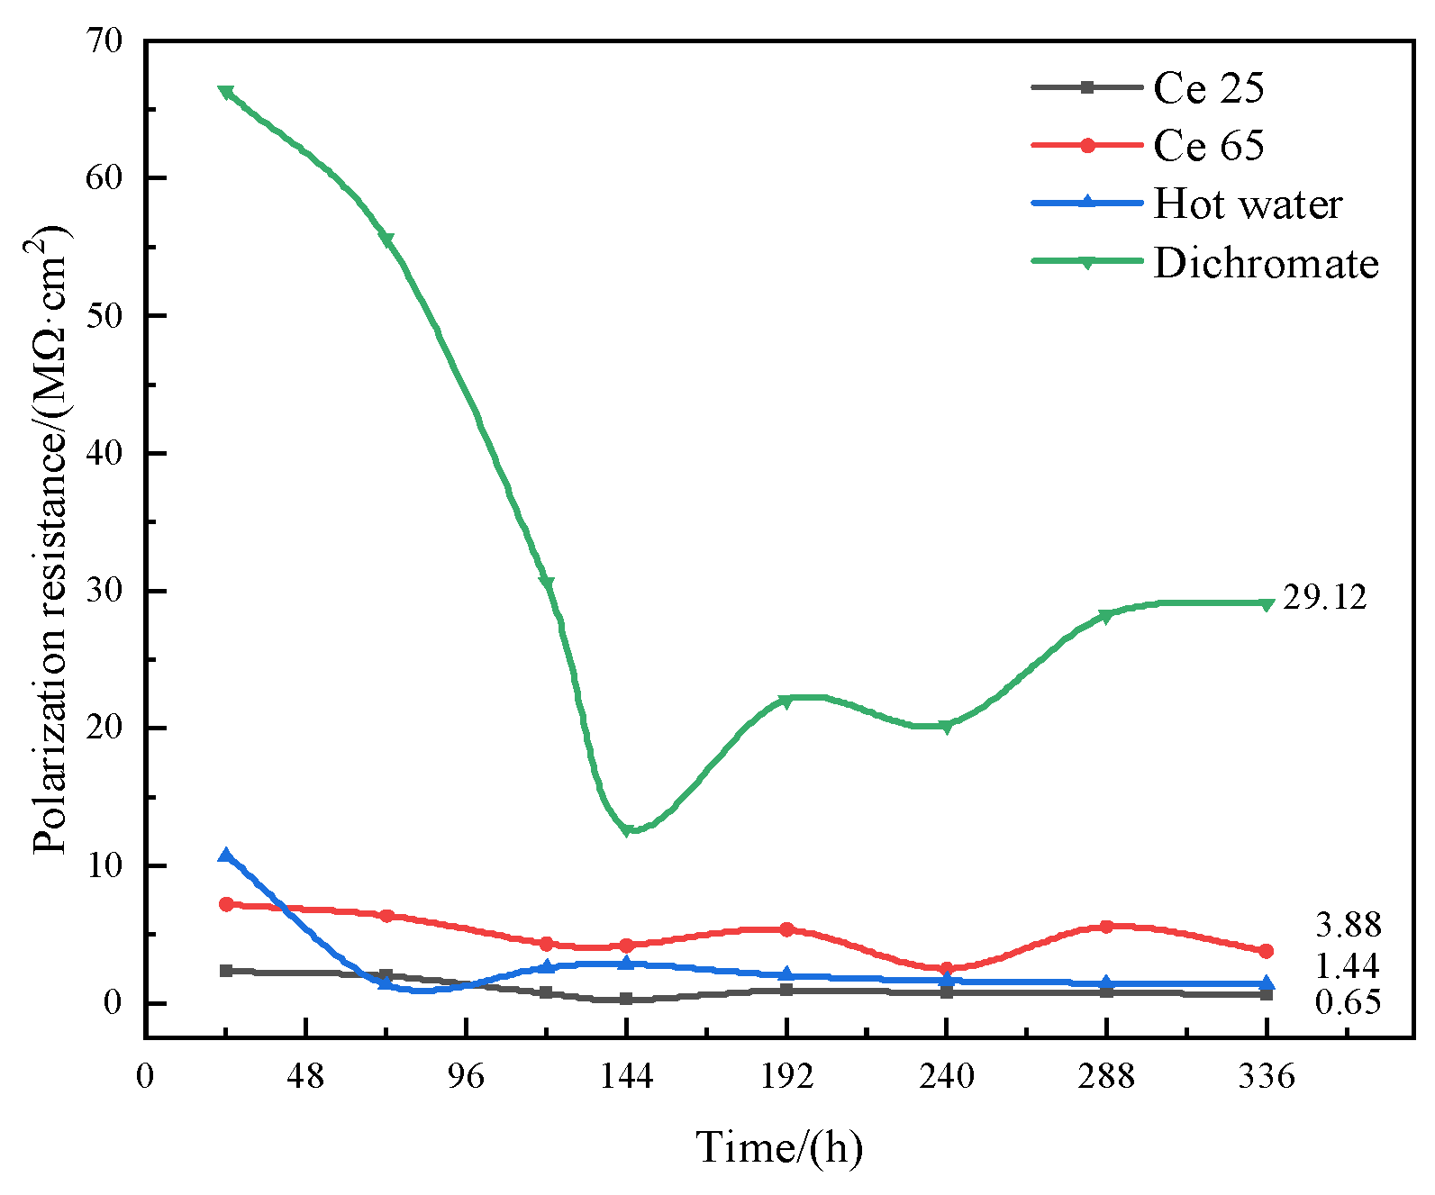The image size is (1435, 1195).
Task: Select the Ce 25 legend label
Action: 1209,87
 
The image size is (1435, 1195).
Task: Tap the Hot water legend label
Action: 1248,204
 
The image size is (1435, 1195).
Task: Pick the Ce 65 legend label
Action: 1209,146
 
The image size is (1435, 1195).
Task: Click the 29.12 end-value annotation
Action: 1324,597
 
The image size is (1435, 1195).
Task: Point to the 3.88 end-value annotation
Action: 1348,925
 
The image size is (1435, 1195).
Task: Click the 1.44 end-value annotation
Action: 1348,966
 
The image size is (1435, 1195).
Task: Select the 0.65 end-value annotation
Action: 1348,1001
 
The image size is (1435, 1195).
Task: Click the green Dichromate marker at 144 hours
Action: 626,830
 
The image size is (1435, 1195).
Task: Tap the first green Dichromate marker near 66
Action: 226,92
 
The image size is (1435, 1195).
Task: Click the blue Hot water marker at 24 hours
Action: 226,855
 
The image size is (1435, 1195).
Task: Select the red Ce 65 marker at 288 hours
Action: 1106,927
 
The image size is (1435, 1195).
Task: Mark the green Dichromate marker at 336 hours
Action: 1267,604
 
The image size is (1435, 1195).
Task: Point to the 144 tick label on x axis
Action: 626,1076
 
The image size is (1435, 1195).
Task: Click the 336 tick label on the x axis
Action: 1267,1076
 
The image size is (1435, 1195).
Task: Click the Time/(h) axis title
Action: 778,1147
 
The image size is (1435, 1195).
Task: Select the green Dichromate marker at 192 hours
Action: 786,701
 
